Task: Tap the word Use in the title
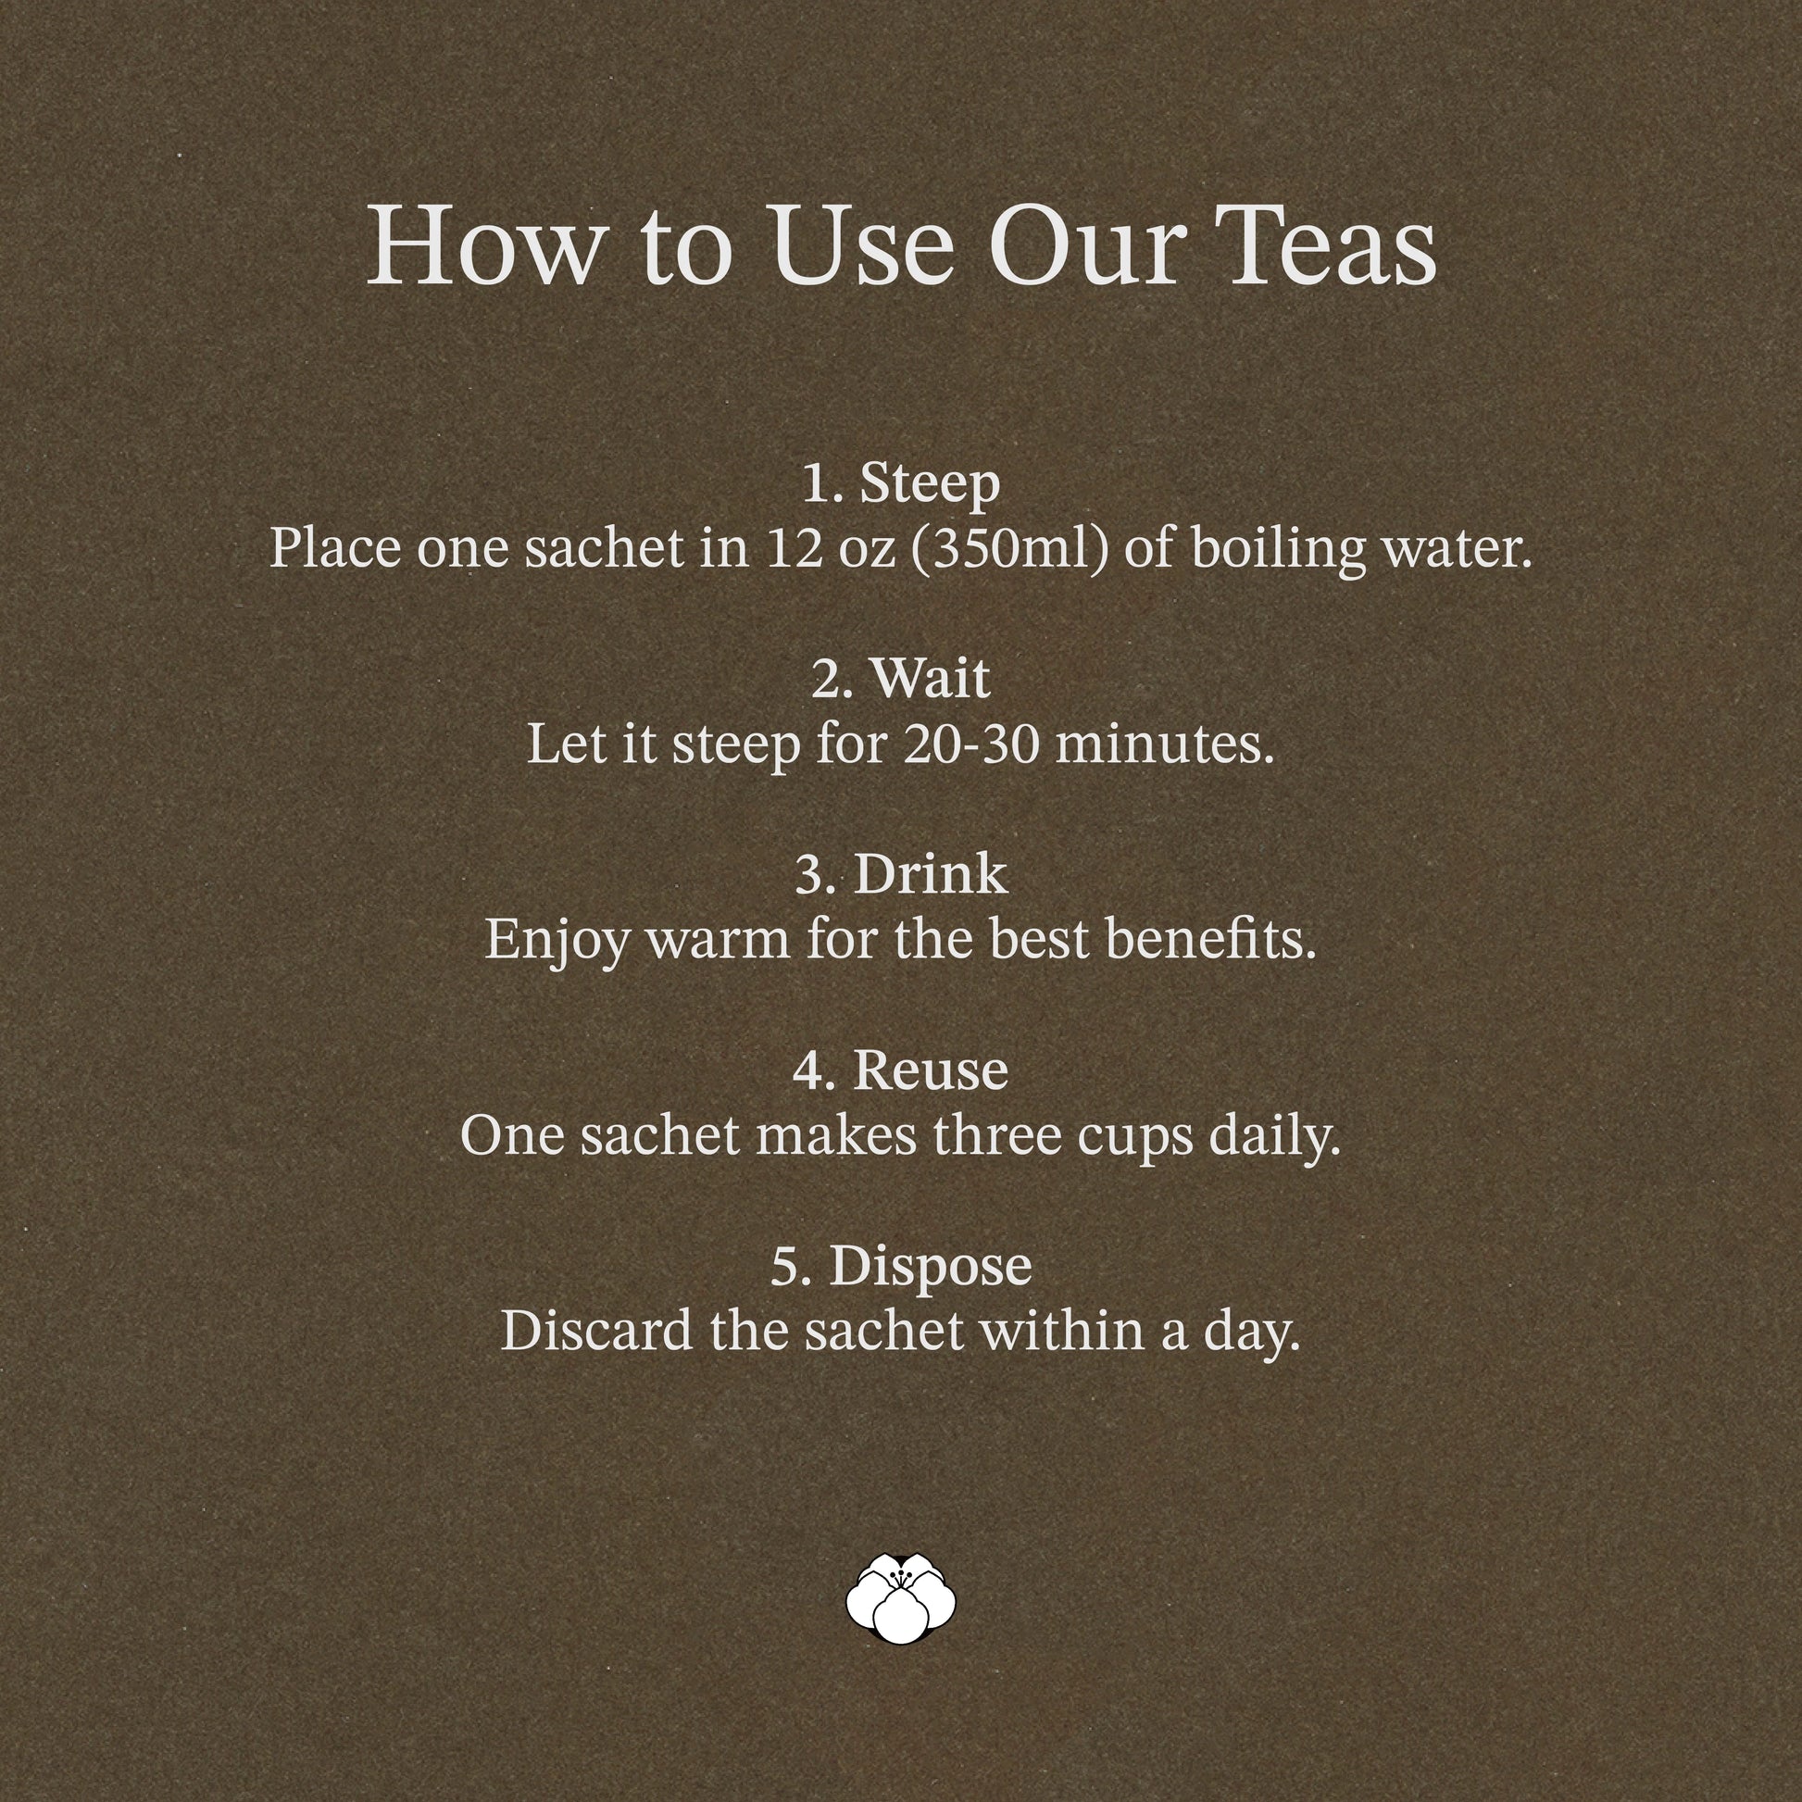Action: (x=862, y=246)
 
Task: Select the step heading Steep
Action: (x=930, y=486)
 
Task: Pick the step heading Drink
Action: (x=930, y=874)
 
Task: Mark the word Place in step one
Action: (x=337, y=548)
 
